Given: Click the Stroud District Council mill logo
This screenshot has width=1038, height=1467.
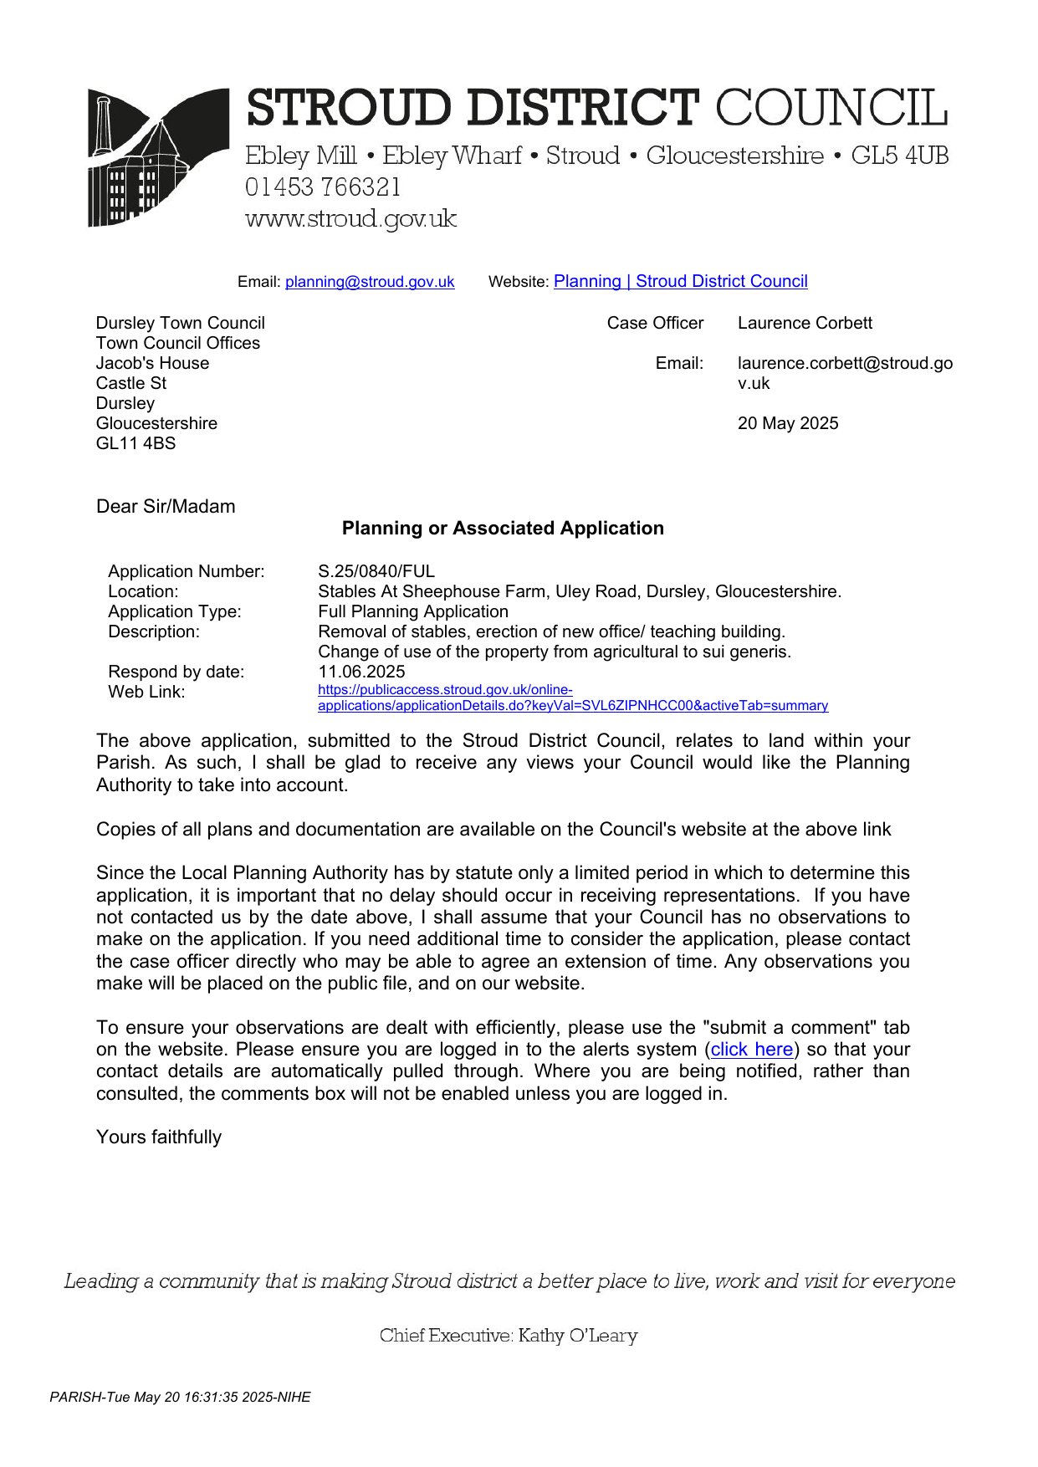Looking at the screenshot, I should pos(157,157).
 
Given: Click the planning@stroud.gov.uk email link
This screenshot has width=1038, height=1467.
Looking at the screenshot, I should pos(370,282).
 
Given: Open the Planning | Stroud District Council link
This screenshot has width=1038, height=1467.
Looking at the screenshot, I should pos(680,281).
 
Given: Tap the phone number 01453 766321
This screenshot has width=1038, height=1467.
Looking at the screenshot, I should pos(323,187).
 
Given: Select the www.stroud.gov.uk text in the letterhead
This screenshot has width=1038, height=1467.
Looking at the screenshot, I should pos(350,219).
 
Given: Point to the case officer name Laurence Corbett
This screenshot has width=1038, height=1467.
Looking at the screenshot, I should pos(805,323).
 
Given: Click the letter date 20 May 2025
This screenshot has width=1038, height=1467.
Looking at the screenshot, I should pos(788,423).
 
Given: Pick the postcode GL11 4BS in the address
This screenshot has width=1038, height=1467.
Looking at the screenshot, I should pos(136,443).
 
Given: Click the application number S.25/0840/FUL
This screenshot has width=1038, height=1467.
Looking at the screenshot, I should pos(376,571).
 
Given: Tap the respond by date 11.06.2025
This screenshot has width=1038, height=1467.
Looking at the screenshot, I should pos(361,672).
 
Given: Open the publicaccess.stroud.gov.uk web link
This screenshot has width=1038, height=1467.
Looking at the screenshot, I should pos(572,698).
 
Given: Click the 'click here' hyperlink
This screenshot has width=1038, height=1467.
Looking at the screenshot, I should pos(751,1049).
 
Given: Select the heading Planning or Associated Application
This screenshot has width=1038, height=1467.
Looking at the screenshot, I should pos(503,528).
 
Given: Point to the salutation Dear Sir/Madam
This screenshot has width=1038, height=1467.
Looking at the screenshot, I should pos(166,506).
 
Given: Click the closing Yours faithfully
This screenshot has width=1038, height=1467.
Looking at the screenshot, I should pos(159,1137).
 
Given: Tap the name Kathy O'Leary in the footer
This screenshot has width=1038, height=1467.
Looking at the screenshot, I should pos(577,1336).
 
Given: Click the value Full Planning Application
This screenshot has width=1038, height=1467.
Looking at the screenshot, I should pos(413,611).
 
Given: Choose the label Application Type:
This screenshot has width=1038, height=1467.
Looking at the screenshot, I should pos(174,611).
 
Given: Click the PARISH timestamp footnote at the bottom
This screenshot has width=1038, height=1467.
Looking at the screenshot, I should pos(180,1397).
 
